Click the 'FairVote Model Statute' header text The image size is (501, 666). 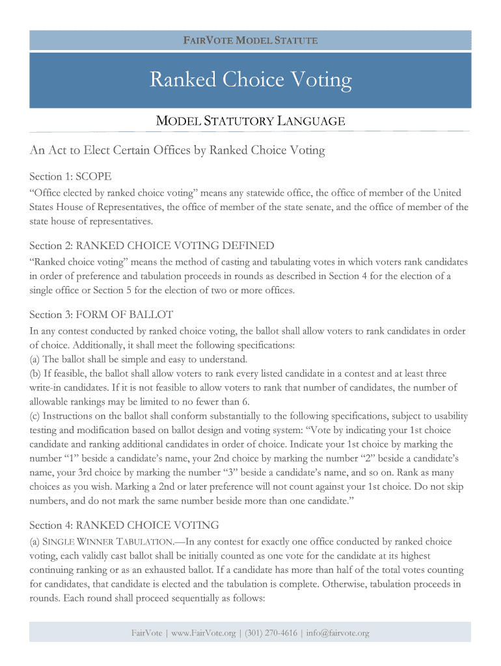click(251, 40)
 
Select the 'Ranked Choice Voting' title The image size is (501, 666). click(251, 80)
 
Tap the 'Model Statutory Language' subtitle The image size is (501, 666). click(251, 121)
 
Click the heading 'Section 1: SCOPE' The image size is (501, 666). click(70, 176)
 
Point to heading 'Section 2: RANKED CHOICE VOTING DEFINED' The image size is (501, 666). click(152, 245)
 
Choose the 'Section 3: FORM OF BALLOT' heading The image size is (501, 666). click(102, 315)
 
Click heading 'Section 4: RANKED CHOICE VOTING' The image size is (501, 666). click(124, 525)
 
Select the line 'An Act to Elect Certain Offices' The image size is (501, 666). click(177, 151)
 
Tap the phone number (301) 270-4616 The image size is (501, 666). click(271, 633)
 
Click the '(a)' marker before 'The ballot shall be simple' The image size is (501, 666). click(35, 359)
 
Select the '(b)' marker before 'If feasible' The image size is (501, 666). click(35, 373)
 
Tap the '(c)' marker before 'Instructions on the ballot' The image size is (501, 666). click(35, 416)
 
